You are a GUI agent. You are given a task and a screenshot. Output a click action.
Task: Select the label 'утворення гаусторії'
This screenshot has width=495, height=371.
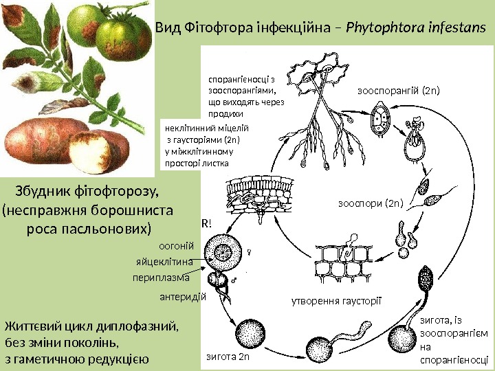336,301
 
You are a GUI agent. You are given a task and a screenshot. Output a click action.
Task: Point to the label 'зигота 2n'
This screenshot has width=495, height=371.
228,357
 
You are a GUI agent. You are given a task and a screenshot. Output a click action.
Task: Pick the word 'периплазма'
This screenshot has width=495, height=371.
160,278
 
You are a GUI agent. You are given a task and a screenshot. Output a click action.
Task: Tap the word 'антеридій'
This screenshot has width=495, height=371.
182,297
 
